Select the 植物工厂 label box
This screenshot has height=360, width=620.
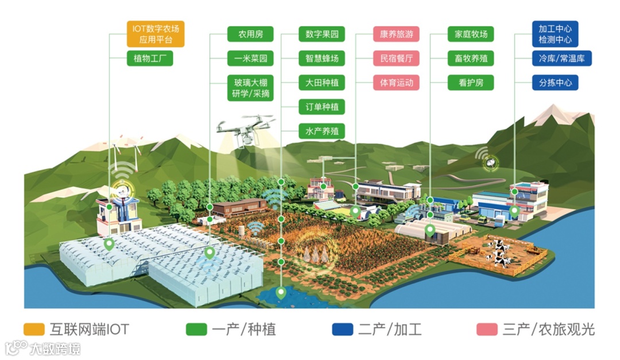pyautogui.click(x=149, y=59)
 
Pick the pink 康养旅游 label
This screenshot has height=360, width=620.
pyautogui.click(x=396, y=34)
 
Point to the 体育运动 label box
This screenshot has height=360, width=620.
pyautogui.click(x=396, y=83)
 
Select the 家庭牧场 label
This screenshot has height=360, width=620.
pyautogui.click(x=470, y=34)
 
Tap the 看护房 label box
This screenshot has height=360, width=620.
pyautogui.click(x=470, y=83)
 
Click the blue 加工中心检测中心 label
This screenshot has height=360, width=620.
pyautogui.click(x=555, y=34)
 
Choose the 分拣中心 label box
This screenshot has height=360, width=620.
pyautogui.click(x=555, y=83)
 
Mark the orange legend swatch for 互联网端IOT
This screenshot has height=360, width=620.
pyautogui.click(x=34, y=330)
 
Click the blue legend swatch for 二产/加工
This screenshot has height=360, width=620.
pyautogui.click(x=342, y=330)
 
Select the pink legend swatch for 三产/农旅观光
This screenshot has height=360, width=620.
pyautogui.click(x=487, y=330)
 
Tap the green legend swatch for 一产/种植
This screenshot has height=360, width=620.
pyautogui.click(x=196, y=330)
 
